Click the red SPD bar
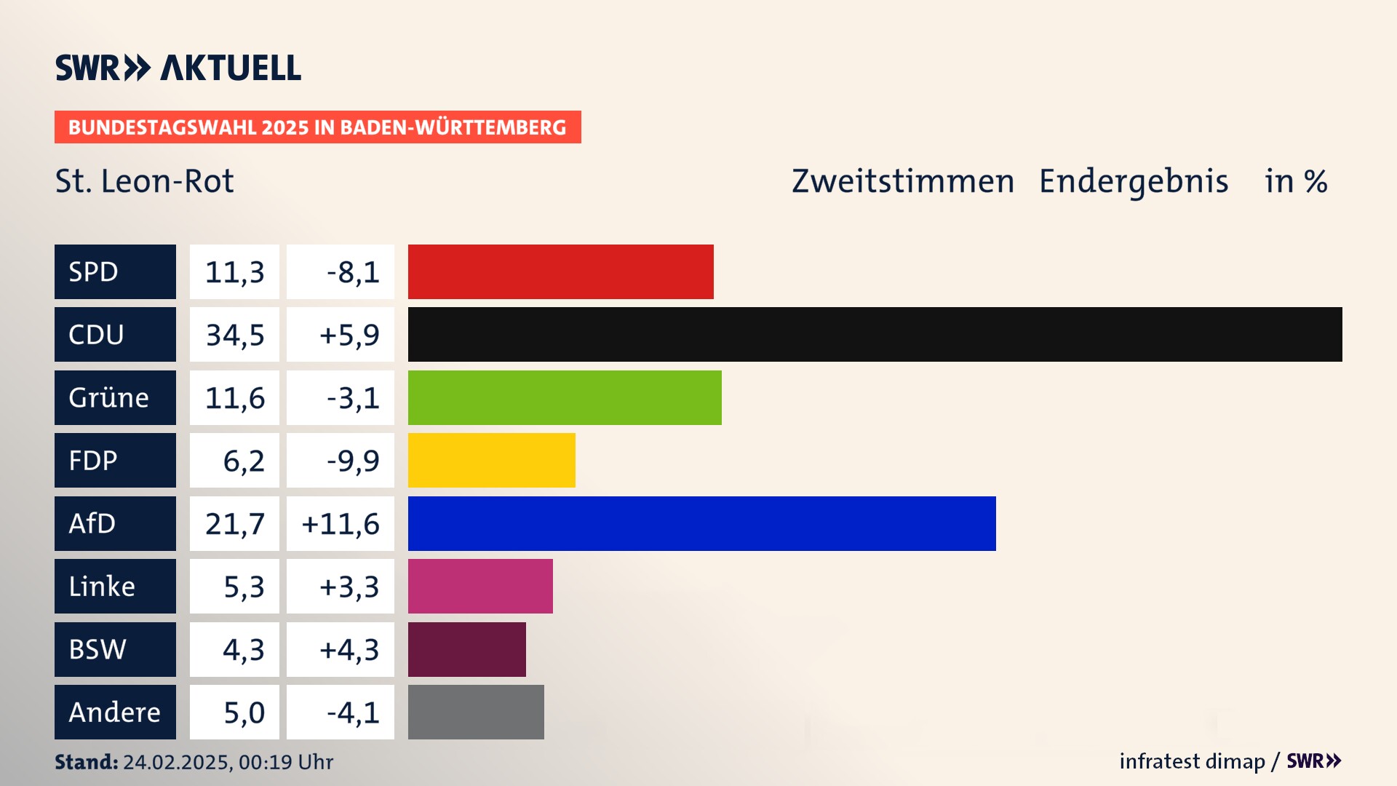[x=560, y=271]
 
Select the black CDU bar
[x=875, y=335]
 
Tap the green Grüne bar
[x=565, y=397]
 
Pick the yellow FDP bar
[x=491, y=460]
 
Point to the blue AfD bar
[x=701, y=523]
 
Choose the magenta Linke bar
[x=480, y=586]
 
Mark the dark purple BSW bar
[x=466, y=649]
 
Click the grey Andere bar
[x=476, y=712]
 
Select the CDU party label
[x=115, y=335]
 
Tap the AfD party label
[x=115, y=523]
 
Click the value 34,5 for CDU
[x=234, y=335]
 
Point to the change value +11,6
[x=341, y=523]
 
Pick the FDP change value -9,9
[x=353, y=460]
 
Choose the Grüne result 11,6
[x=234, y=397]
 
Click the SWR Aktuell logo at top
[x=178, y=68]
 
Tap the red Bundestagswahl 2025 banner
[x=317, y=127]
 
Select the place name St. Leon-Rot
[x=145, y=181]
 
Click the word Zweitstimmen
[x=902, y=181]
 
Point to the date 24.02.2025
[x=177, y=762]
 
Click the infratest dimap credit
[x=1192, y=761]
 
